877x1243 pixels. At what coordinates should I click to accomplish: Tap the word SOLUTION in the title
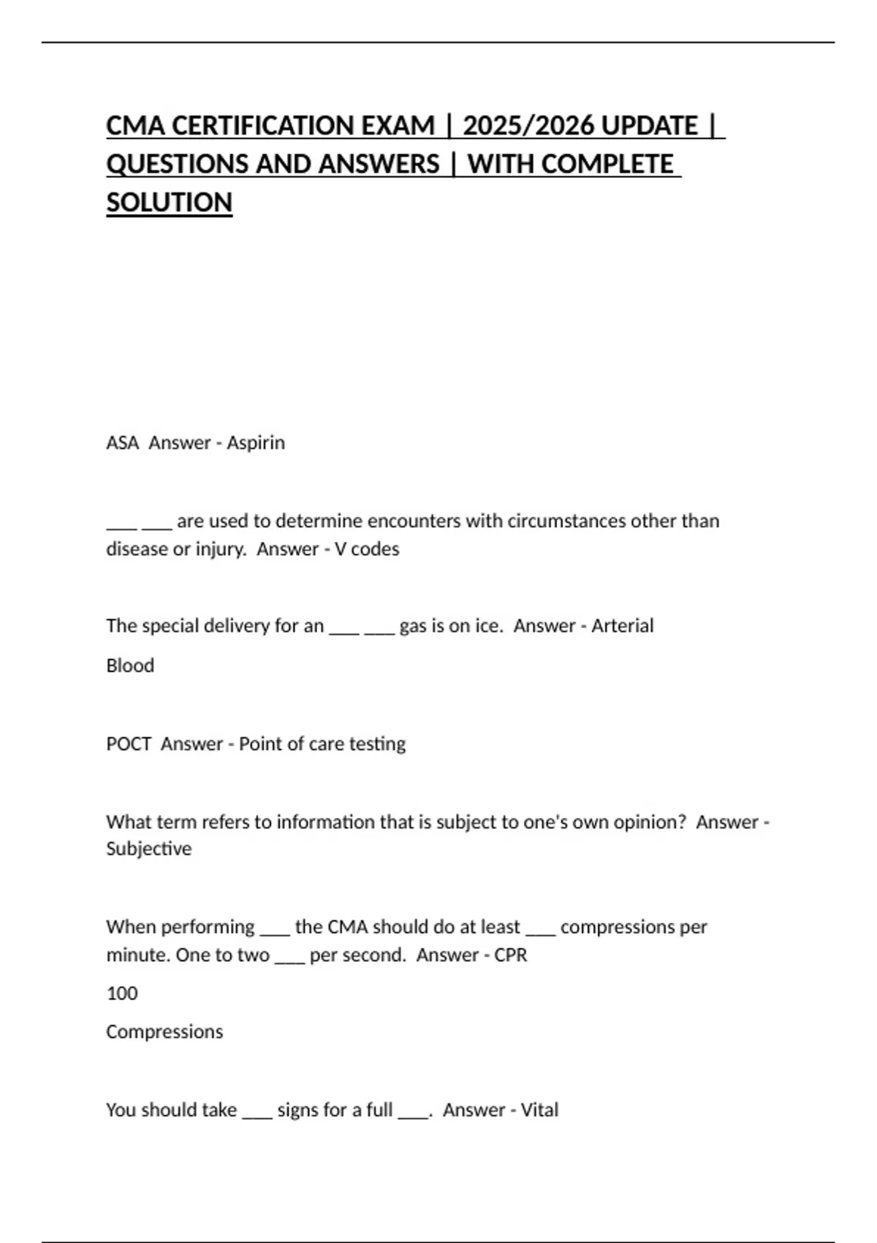(x=169, y=203)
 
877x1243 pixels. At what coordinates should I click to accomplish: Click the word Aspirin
(x=256, y=443)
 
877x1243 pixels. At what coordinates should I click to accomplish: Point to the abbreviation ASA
(x=122, y=443)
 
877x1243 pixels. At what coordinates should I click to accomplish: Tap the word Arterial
(x=622, y=626)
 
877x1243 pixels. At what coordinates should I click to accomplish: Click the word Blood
(x=130, y=666)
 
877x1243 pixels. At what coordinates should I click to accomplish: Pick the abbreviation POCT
(x=129, y=744)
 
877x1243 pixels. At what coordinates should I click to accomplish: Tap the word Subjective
(x=149, y=849)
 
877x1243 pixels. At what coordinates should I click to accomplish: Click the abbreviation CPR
(x=510, y=956)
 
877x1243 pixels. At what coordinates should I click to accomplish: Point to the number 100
(x=122, y=994)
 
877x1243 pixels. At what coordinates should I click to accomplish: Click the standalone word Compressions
(x=164, y=1032)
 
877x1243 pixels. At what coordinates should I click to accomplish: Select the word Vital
(x=539, y=1111)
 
